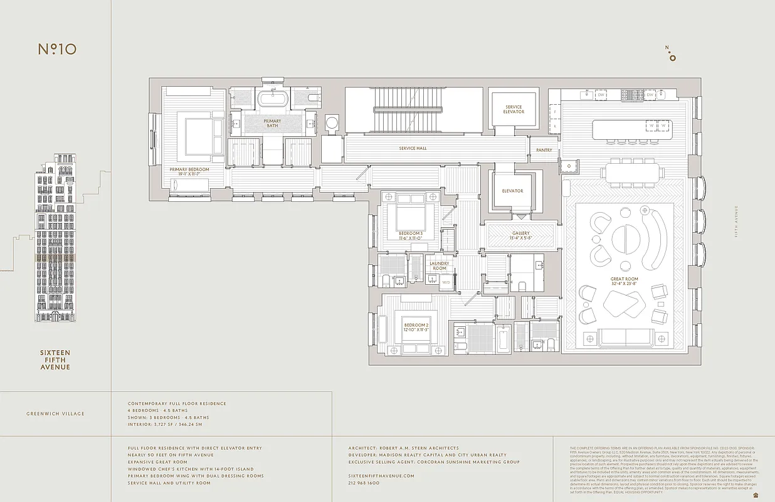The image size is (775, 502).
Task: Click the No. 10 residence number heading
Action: pyautogui.click(x=57, y=49)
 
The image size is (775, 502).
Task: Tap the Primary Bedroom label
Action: pyautogui.click(x=189, y=169)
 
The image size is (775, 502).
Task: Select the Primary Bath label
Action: pyautogui.click(x=272, y=123)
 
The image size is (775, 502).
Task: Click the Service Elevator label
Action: pyautogui.click(x=514, y=109)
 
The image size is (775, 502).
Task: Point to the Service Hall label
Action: pyautogui.click(x=413, y=149)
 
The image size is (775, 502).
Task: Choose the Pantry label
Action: pyautogui.click(x=544, y=151)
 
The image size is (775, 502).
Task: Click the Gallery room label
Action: pyautogui.click(x=520, y=235)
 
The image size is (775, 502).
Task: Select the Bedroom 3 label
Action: pyautogui.click(x=411, y=235)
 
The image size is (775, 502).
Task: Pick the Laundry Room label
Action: pyautogui.click(x=439, y=265)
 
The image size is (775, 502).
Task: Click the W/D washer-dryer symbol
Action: pyautogui.click(x=446, y=282)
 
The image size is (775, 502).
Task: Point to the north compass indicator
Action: pyautogui.click(x=672, y=55)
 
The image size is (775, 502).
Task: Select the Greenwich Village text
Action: pyautogui.click(x=55, y=414)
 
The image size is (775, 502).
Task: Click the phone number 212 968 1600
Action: pyautogui.click(x=364, y=483)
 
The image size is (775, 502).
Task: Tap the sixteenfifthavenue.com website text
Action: pyautogui.click(x=381, y=476)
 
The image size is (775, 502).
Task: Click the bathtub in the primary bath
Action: pyautogui.click(x=272, y=100)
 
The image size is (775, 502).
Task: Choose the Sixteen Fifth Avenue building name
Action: pyautogui.click(x=55, y=360)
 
